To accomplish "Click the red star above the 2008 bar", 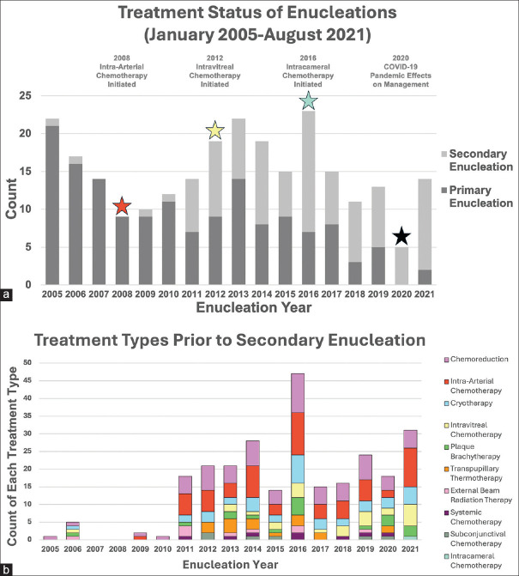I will coord(122,206).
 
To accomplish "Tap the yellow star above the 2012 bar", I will coord(214,130).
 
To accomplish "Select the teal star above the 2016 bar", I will coord(309,101).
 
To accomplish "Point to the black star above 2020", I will coord(403,236).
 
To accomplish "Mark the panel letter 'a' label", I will coord(8,294).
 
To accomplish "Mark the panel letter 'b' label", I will coord(8,567).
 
